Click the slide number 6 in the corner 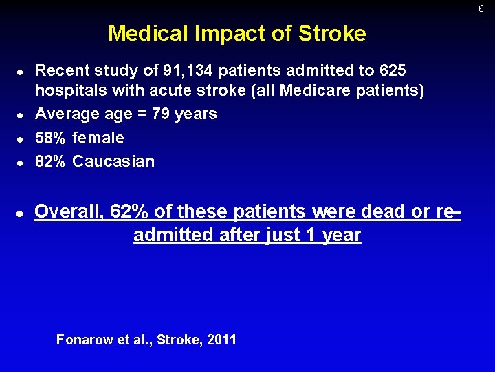tap(481, 9)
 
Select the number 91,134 tap(188, 71)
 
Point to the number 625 tap(393, 71)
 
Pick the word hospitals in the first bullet tap(71, 91)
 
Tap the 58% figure tap(50, 138)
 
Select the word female tap(98, 138)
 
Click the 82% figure tap(50, 161)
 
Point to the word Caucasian tap(113, 161)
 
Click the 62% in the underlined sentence tap(131, 211)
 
